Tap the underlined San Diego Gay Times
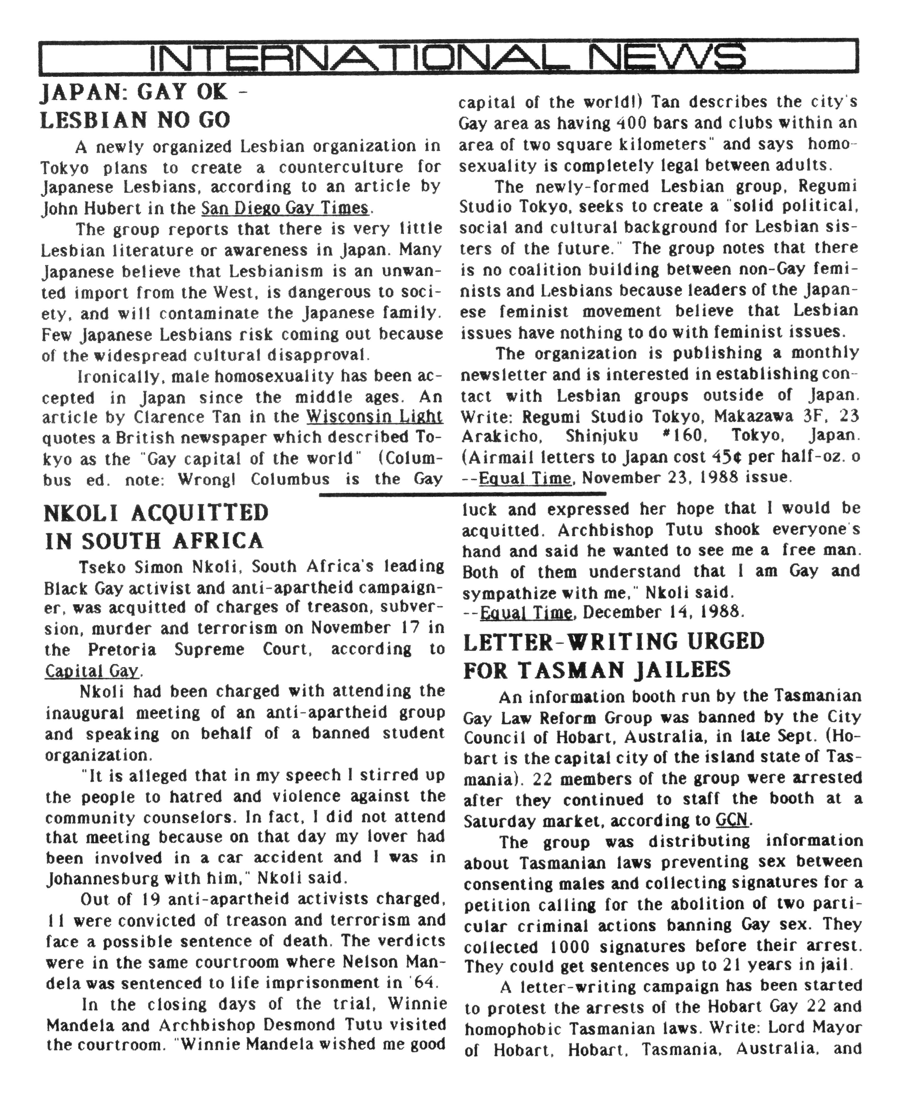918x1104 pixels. pos(286,208)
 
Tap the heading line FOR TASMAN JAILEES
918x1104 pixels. pos(597,670)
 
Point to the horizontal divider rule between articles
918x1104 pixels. pos(463,494)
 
